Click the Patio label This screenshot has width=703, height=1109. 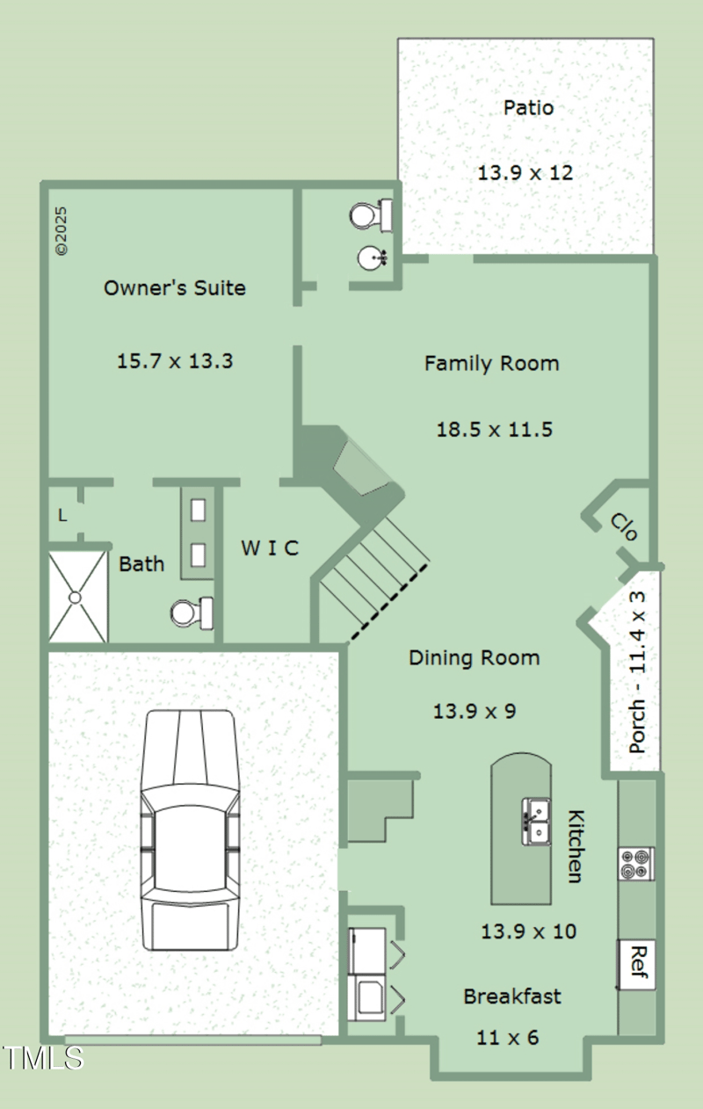[528, 107]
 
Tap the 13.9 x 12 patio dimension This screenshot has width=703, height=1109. [525, 173]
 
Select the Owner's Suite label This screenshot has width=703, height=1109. [175, 287]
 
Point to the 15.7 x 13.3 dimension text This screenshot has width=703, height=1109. [175, 361]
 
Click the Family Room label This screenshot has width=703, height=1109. [491, 364]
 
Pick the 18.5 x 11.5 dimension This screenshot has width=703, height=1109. [494, 429]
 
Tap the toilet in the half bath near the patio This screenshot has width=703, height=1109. [372, 216]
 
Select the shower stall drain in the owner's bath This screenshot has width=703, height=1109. [75, 598]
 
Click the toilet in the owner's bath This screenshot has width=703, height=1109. [192, 612]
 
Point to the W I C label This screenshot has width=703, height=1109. [270, 548]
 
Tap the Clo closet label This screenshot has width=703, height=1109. [624, 526]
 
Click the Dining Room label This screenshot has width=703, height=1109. [475, 657]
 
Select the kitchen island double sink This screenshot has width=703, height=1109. [535, 821]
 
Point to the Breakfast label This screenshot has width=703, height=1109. [512, 997]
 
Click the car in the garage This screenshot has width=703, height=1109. [191, 830]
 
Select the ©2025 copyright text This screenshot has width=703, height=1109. [62, 231]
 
